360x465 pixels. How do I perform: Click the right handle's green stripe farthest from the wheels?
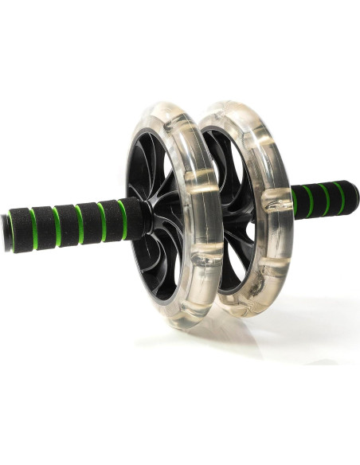coord(340,194)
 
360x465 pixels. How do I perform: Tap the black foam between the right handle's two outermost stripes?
coord(332,194)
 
